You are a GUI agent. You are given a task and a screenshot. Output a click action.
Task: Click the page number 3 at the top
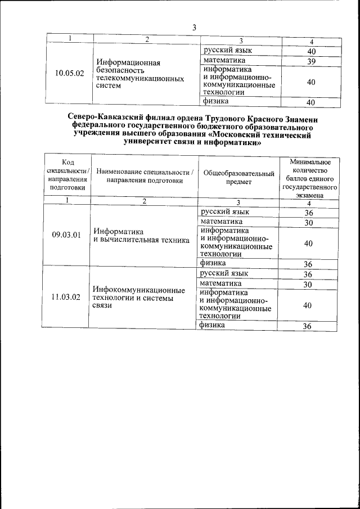click(x=194, y=28)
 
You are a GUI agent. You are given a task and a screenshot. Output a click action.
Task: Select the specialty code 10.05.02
click(x=70, y=73)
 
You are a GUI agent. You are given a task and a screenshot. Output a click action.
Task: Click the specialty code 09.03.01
click(x=66, y=235)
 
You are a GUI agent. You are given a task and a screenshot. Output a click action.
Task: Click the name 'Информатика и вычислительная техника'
click(x=141, y=236)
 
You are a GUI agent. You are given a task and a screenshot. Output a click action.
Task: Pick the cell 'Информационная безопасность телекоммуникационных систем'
click(x=140, y=74)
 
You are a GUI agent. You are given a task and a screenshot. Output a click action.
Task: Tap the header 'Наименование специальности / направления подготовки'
click(x=145, y=176)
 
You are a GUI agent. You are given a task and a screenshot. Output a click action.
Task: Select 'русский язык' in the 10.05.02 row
click(x=227, y=51)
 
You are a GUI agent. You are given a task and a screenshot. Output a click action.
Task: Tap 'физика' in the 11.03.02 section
click(x=211, y=325)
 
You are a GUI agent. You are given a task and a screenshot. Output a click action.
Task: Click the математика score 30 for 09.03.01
click(x=308, y=223)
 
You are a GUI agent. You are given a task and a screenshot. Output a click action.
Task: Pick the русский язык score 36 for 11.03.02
click(x=308, y=274)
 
